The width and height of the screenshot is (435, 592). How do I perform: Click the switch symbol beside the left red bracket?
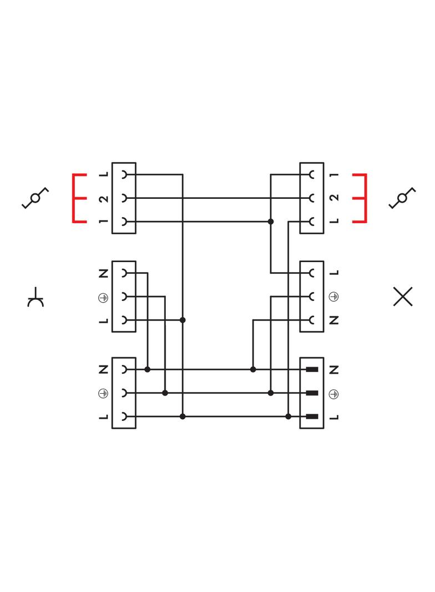point(35,198)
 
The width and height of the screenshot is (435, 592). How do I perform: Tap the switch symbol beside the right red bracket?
point(402,198)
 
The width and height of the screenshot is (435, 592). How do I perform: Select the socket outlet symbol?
point(36,298)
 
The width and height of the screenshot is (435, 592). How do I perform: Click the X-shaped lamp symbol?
point(402,297)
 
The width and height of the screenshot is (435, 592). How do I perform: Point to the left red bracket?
point(78,198)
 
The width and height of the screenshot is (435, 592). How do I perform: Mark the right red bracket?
point(361,198)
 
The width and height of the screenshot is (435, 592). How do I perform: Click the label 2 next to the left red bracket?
point(103,198)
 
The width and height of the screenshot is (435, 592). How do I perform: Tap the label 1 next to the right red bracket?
point(333,175)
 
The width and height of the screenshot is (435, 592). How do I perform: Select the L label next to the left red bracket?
point(103,175)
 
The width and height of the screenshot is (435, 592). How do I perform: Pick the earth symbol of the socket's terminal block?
point(103,298)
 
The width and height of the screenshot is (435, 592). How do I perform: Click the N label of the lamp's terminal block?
point(333,320)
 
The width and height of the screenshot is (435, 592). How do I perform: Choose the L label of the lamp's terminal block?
point(333,273)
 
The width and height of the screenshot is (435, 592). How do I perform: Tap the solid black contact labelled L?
point(312,417)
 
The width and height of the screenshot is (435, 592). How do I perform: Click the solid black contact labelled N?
point(312,369)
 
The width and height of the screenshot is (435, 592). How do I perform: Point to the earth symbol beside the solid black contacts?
point(333,393)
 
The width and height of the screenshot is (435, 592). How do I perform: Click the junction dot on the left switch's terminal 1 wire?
point(271,222)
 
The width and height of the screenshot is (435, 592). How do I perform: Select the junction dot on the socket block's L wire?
point(183,320)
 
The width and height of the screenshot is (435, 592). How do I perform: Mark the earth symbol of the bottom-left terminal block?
point(103,393)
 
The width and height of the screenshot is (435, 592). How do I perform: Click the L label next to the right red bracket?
point(333,222)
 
